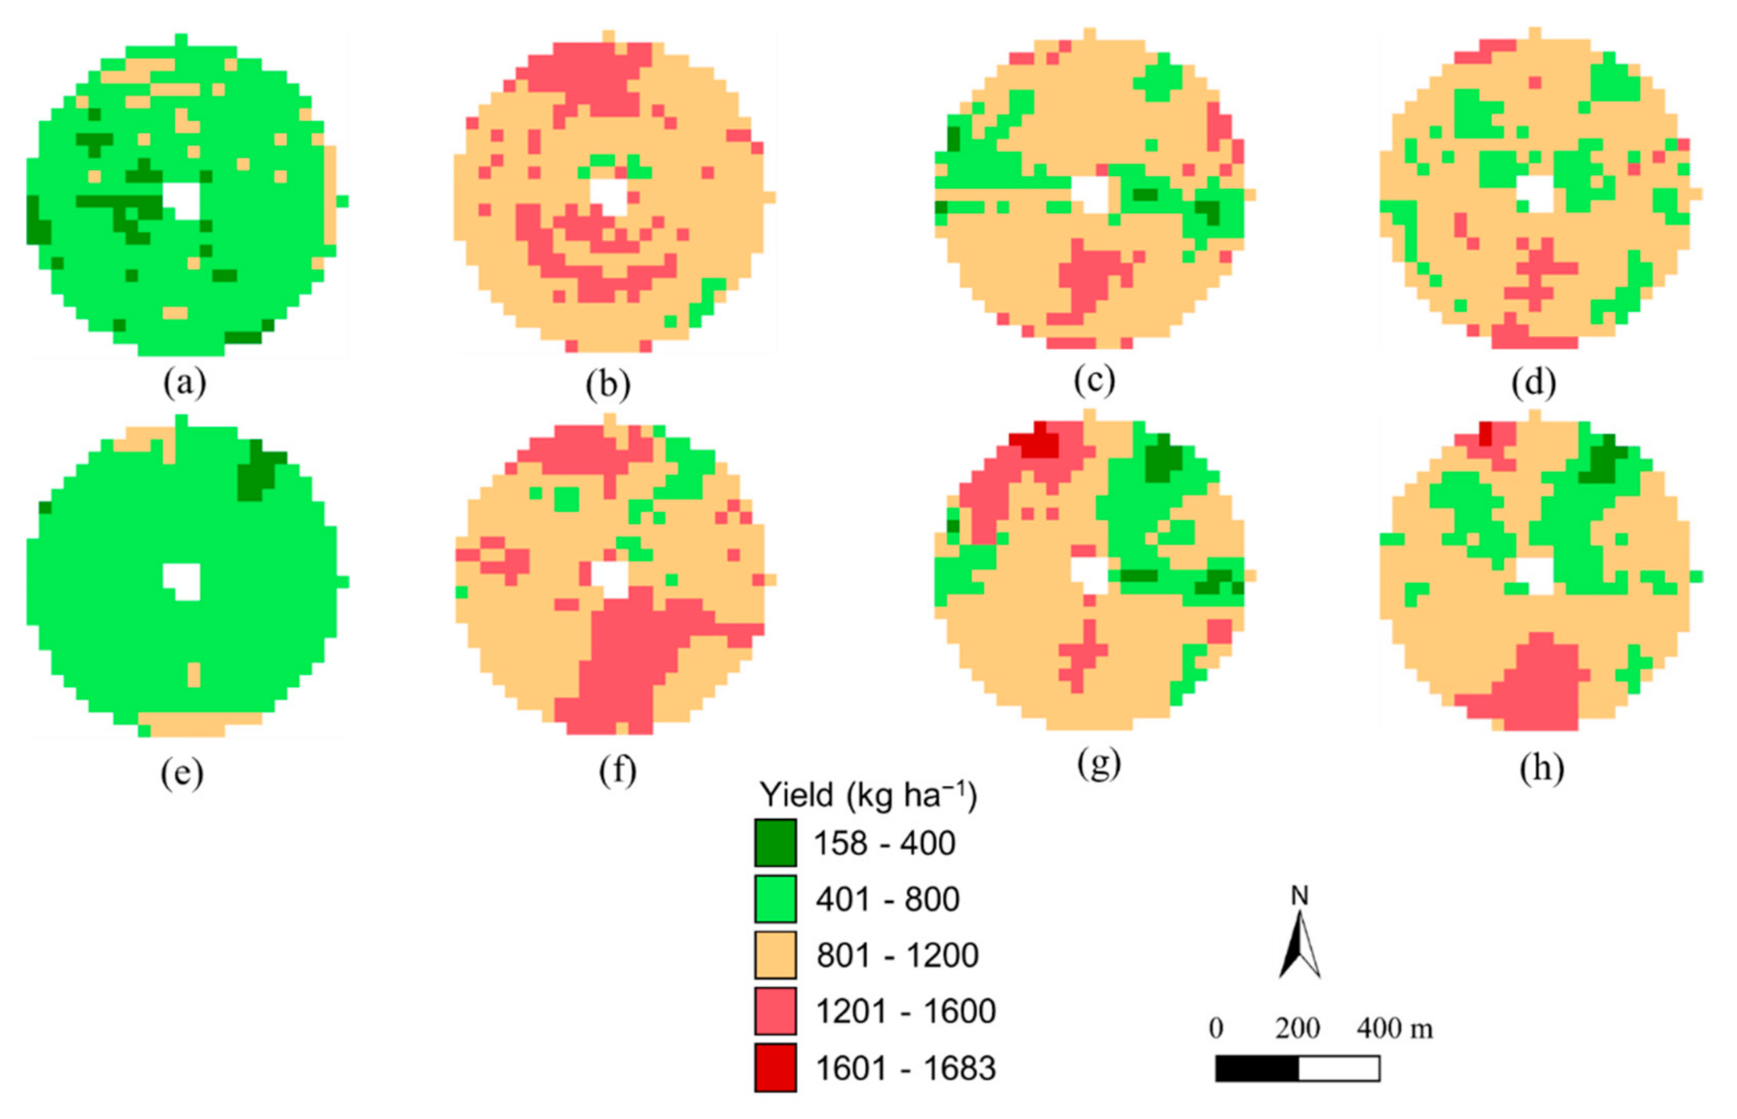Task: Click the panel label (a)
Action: (x=185, y=382)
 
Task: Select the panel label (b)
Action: (x=608, y=385)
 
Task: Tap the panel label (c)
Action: (x=1094, y=379)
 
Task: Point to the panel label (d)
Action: (x=1533, y=383)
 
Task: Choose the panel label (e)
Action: (x=181, y=772)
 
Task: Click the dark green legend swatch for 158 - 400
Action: (x=774, y=843)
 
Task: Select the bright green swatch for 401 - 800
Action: (x=774, y=899)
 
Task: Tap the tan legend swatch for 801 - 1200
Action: (x=774, y=955)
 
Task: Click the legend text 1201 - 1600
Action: (x=904, y=1011)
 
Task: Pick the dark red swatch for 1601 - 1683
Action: (x=774, y=1068)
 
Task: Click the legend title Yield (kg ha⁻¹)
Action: (x=867, y=795)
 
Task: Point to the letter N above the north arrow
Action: (x=1299, y=896)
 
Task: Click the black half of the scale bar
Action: (x=1257, y=1069)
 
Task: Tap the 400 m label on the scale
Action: (x=1394, y=1028)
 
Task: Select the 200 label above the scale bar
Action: (x=1297, y=1028)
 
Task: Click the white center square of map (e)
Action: (x=181, y=581)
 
